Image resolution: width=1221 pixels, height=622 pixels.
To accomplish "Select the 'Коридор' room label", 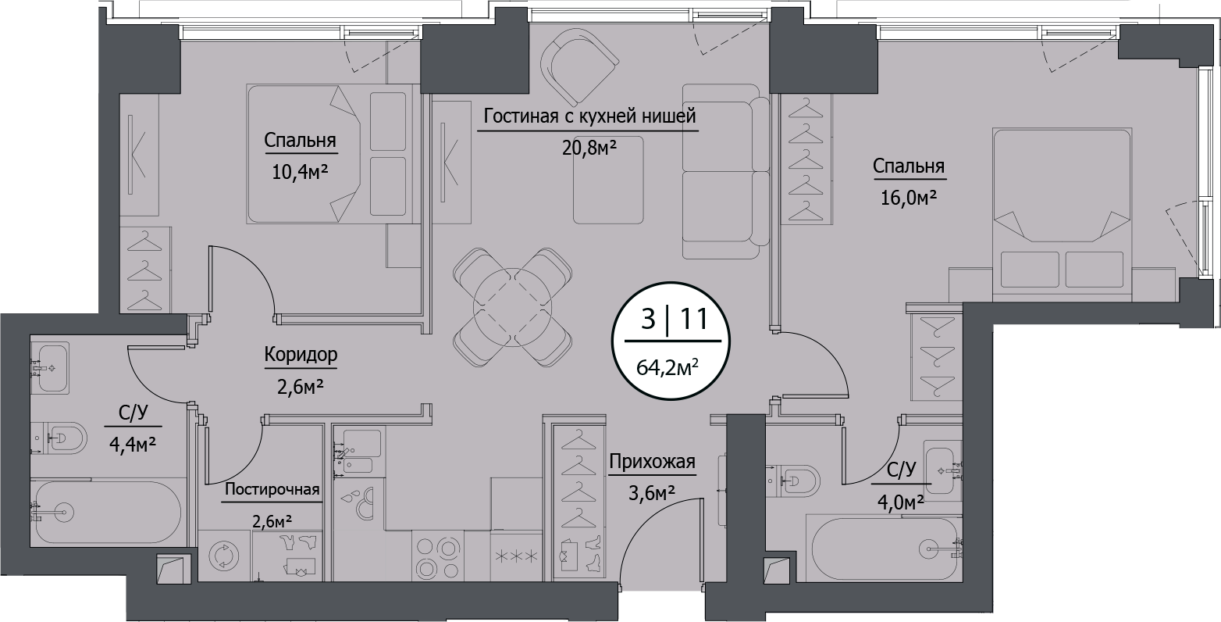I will point(301,356).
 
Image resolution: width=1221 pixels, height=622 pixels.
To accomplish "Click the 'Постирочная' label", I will point(272,490).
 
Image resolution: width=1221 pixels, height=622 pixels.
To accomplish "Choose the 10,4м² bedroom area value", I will point(299,172).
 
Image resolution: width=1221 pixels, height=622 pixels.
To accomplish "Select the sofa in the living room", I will point(721,170).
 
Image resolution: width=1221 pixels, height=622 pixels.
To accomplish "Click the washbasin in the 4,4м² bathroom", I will point(51,366).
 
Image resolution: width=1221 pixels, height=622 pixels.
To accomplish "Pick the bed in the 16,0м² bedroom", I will point(1062,215).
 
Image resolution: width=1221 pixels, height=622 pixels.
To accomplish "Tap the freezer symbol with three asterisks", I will point(514,556).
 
